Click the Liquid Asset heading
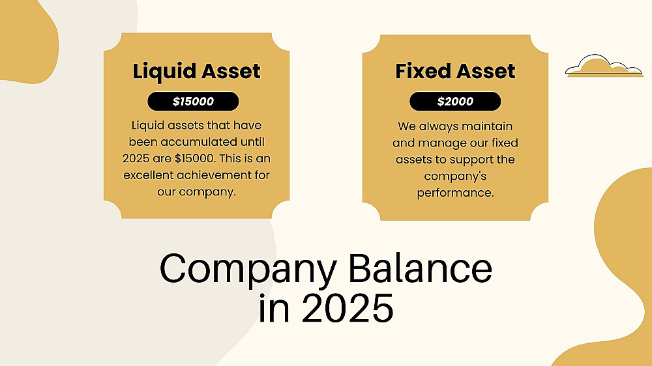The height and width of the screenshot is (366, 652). (196, 72)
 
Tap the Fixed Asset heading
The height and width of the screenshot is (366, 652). (455, 71)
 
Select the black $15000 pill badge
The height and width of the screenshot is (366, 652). (193, 102)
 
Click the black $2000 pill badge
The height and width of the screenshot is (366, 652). (455, 102)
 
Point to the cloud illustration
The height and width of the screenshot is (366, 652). (604, 66)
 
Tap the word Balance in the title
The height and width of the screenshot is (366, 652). (420, 268)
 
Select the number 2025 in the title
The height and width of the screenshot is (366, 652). (348, 308)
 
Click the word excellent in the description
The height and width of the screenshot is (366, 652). (149, 175)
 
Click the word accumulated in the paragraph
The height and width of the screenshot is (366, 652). (199, 142)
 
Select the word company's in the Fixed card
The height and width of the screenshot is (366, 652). (455, 176)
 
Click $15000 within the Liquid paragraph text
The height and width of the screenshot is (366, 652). (194, 158)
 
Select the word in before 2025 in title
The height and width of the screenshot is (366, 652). (274, 308)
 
